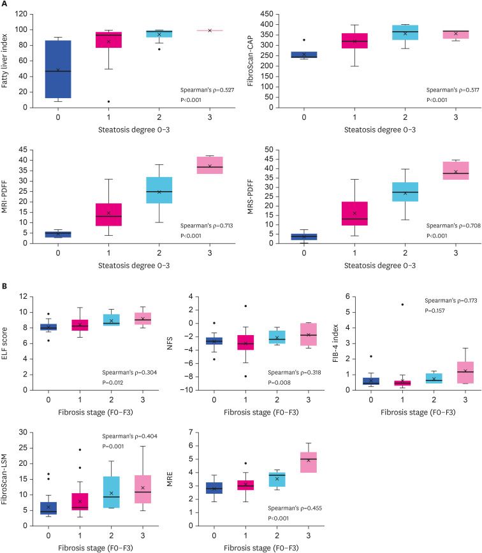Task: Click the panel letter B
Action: coord(5,289)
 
